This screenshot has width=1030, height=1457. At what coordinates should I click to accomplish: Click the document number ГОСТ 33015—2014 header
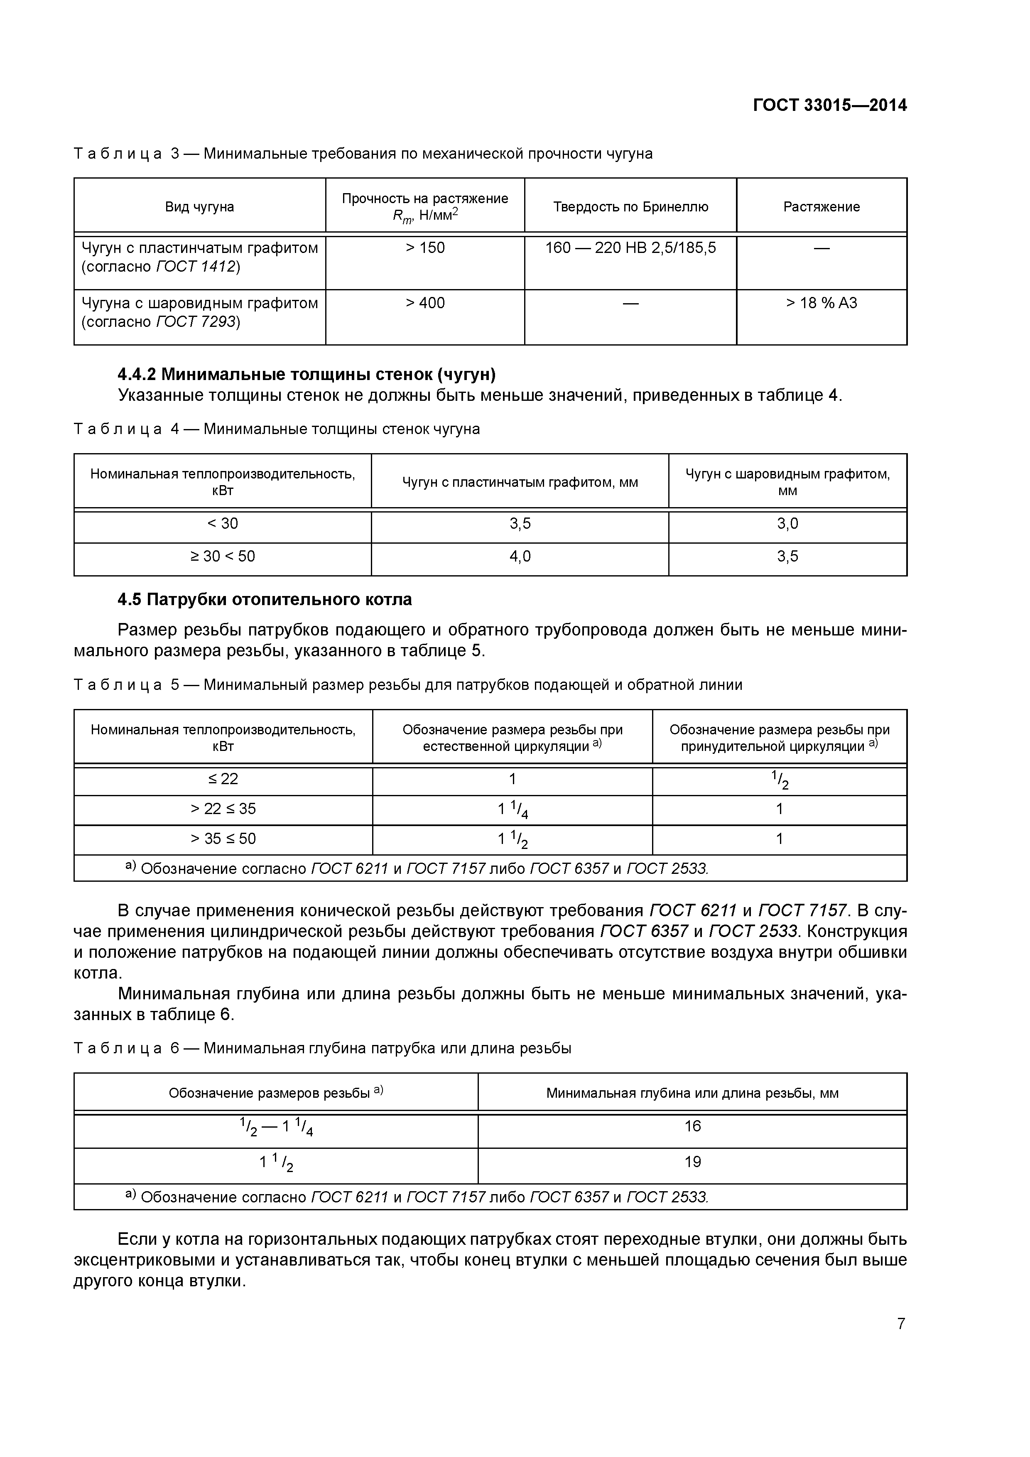(829, 105)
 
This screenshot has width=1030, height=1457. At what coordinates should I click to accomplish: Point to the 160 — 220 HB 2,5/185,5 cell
(630, 248)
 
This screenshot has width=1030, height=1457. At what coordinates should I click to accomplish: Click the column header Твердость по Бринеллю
(630, 207)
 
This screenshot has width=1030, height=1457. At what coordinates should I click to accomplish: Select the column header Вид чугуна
(199, 207)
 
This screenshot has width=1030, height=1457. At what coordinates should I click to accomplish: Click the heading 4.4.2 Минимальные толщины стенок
(307, 374)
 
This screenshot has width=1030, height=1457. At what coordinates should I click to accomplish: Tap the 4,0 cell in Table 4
(520, 557)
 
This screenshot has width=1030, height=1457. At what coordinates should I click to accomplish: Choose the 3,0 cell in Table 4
(787, 523)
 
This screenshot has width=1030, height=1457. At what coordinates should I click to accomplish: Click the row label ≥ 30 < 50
(222, 557)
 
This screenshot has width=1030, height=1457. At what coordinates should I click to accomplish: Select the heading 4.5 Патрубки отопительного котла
(265, 599)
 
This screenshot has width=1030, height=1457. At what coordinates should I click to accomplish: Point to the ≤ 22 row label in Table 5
(222, 779)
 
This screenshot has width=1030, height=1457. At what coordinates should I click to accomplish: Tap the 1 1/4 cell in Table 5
(512, 809)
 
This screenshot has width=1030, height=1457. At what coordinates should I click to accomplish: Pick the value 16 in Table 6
(692, 1126)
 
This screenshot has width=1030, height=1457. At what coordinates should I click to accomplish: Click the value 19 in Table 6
(692, 1162)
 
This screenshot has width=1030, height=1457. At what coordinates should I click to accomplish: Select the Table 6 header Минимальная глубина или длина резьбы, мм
(692, 1093)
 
